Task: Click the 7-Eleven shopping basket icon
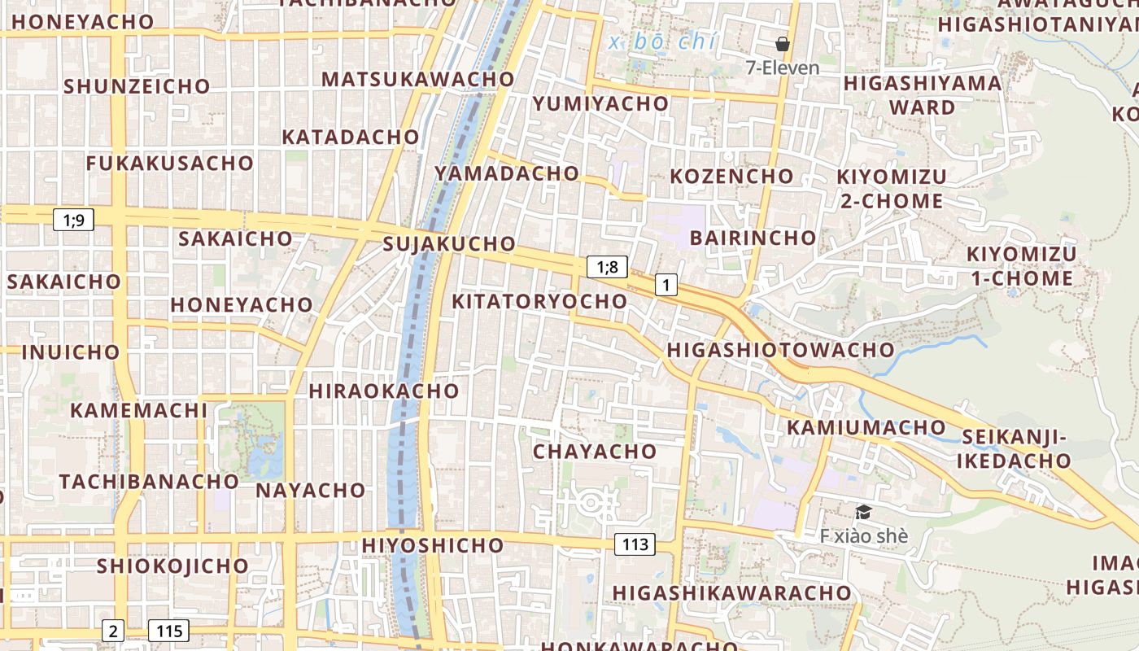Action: [783, 44]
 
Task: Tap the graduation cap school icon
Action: [863, 512]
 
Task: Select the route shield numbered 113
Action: [635, 544]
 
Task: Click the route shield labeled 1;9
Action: [74, 219]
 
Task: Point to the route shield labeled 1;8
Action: [607, 267]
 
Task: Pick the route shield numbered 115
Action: [168, 630]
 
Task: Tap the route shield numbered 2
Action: [113, 630]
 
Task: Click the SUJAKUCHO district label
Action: [449, 243]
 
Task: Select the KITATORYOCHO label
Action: [539, 301]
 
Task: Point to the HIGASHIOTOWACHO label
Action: [780, 350]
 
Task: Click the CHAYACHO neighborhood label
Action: [595, 451]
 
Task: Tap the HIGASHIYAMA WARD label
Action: [923, 95]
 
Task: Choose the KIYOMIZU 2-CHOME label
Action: [892, 189]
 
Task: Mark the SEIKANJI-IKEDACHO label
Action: [1014, 449]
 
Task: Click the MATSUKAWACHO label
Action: [418, 79]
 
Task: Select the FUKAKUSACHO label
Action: [170, 163]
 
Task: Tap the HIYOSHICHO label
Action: [433, 544]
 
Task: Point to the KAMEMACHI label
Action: [139, 410]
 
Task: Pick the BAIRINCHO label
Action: [753, 238]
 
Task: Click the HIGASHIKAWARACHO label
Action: [731, 592]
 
